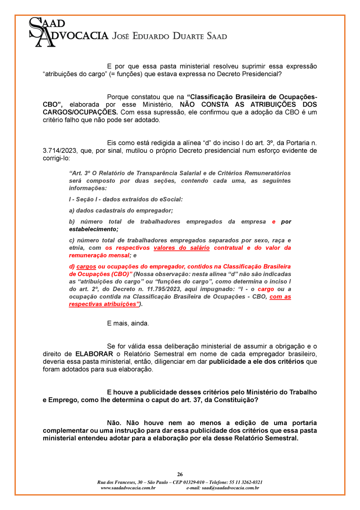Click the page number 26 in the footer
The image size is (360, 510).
(x=180, y=474)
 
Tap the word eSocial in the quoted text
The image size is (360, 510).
(x=169, y=199)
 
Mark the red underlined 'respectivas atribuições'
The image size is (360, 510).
(x=103, y=304)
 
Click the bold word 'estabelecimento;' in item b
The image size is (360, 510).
(x=94, y=229)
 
